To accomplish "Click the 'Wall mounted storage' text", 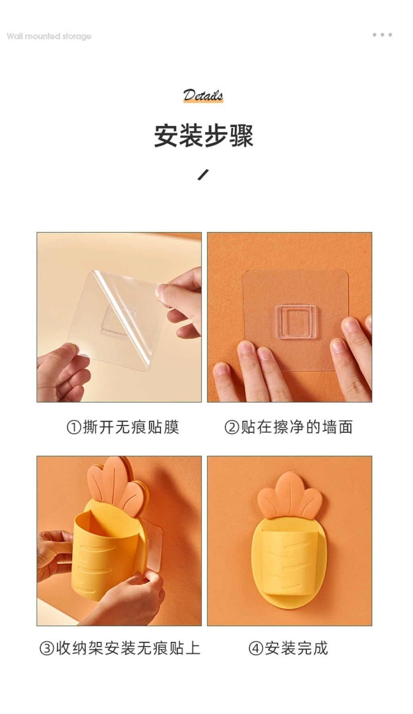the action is pyautogui.click(x=49, y=36).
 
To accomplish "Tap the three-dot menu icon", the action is pyautogui.click(x=382, y=35).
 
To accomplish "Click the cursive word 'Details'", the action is pyautogui.click(x=203, y=96).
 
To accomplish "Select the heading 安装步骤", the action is pyautogui.click(x=204, y=135).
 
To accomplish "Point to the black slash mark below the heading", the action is pyautogui.click(x=203, y=175).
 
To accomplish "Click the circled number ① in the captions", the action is pyautogui.click(x=74, y=427).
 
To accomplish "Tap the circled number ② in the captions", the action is pyautogui.click(x=232, y=427).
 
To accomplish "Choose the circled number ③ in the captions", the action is pyautogui.click(x=47, y=649).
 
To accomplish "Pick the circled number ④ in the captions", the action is pyautogui.click(x=255, y=649).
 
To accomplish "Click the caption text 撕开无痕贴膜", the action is pyautogui.click(x=131, y=427).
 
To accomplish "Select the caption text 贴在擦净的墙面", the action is pyautogui.click(x=296, y=427).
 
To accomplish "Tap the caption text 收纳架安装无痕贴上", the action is pyautogui.click(x=128, y=649).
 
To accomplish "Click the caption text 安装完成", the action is pyautogui.click(x=296, y=649).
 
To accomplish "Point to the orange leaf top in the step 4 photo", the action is pyautogui.click(x=290, y=495).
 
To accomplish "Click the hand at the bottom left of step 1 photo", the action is pyautogui.click(x=63, y=373).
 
